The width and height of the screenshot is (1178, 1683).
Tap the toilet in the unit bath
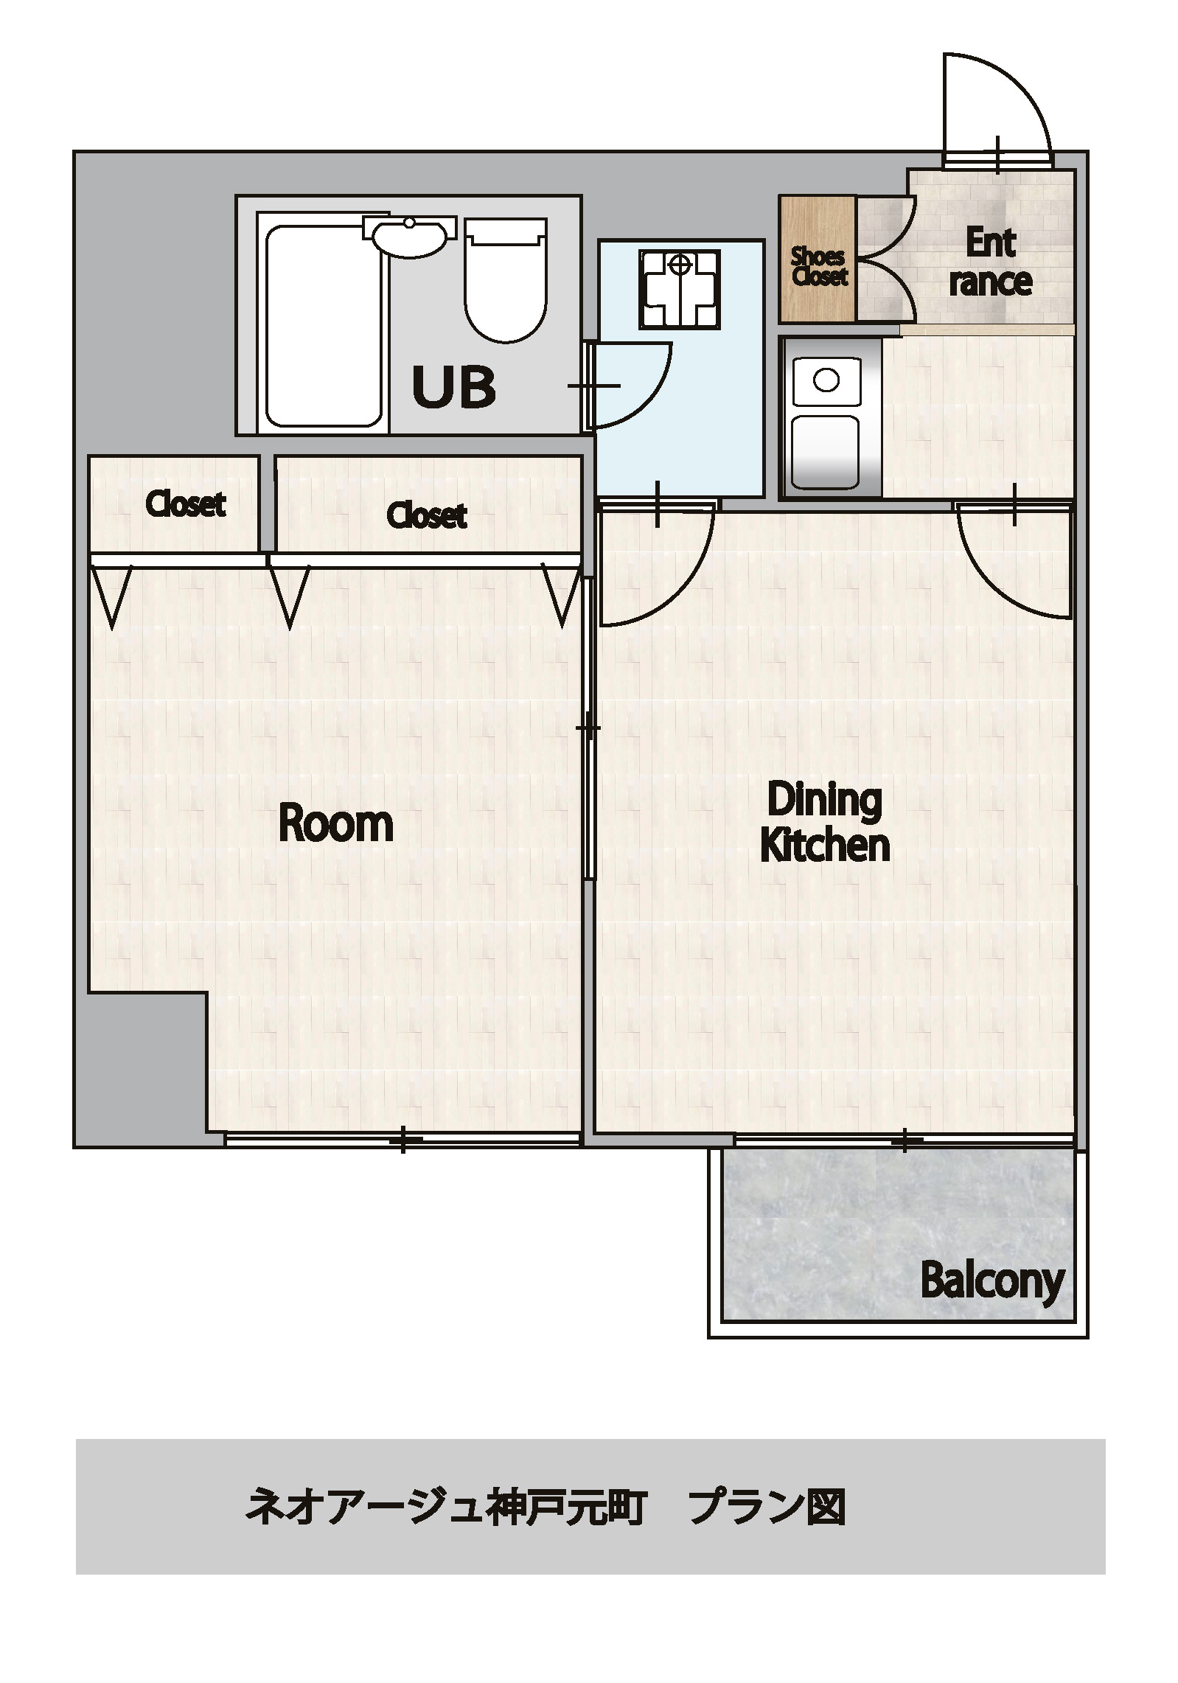(x=506, y=279)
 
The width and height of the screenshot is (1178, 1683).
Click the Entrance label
(x=990, y=262)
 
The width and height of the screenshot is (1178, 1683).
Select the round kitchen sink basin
(x=826, y=380)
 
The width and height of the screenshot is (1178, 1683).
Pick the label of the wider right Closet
(x=427, y=515)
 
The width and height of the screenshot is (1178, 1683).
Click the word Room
(x=335, y=823)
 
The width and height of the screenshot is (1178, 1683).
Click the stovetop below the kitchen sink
(x=826, y=450)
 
